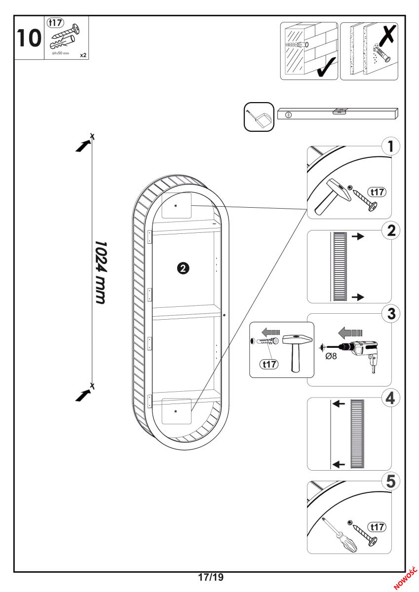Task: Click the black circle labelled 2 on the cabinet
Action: pos(183,268)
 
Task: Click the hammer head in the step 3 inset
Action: pos(298,340)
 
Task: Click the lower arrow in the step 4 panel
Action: pos(339,464)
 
